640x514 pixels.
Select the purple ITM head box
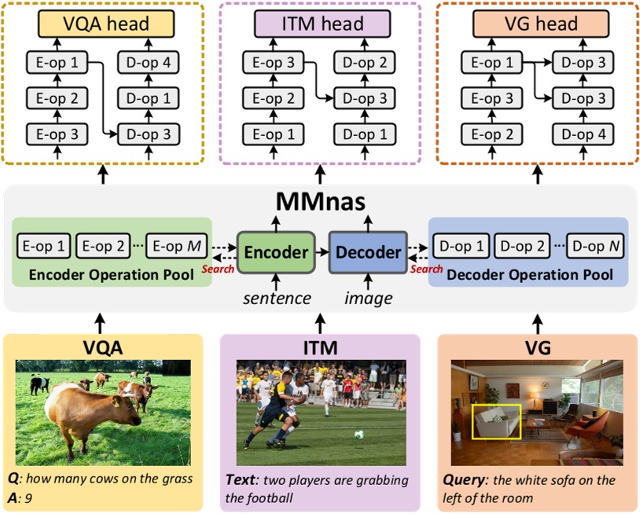(x=321, y=24)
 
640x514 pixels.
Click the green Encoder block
(x=275, y=251)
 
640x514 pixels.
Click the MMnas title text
(x=321, y=202)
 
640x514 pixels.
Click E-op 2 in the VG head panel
(x=497, y=134)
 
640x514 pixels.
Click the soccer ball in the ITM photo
(x=359, y=434)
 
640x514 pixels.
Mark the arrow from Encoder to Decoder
(x=322, y=251)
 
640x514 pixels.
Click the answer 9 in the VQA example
(x=31, y=497)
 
